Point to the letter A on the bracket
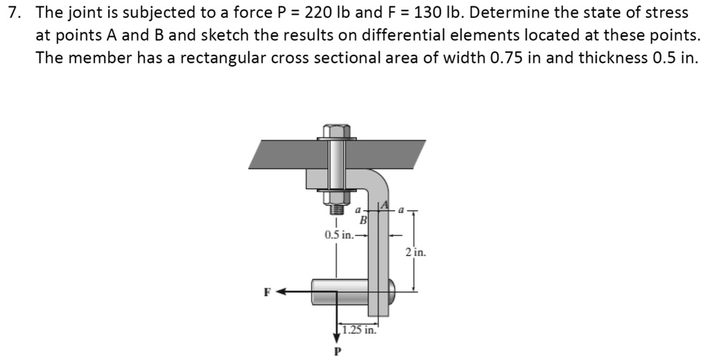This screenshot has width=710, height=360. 381,206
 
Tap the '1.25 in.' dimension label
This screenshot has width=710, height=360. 358,330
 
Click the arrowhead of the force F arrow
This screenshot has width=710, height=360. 282,292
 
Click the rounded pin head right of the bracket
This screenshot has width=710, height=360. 392,291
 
